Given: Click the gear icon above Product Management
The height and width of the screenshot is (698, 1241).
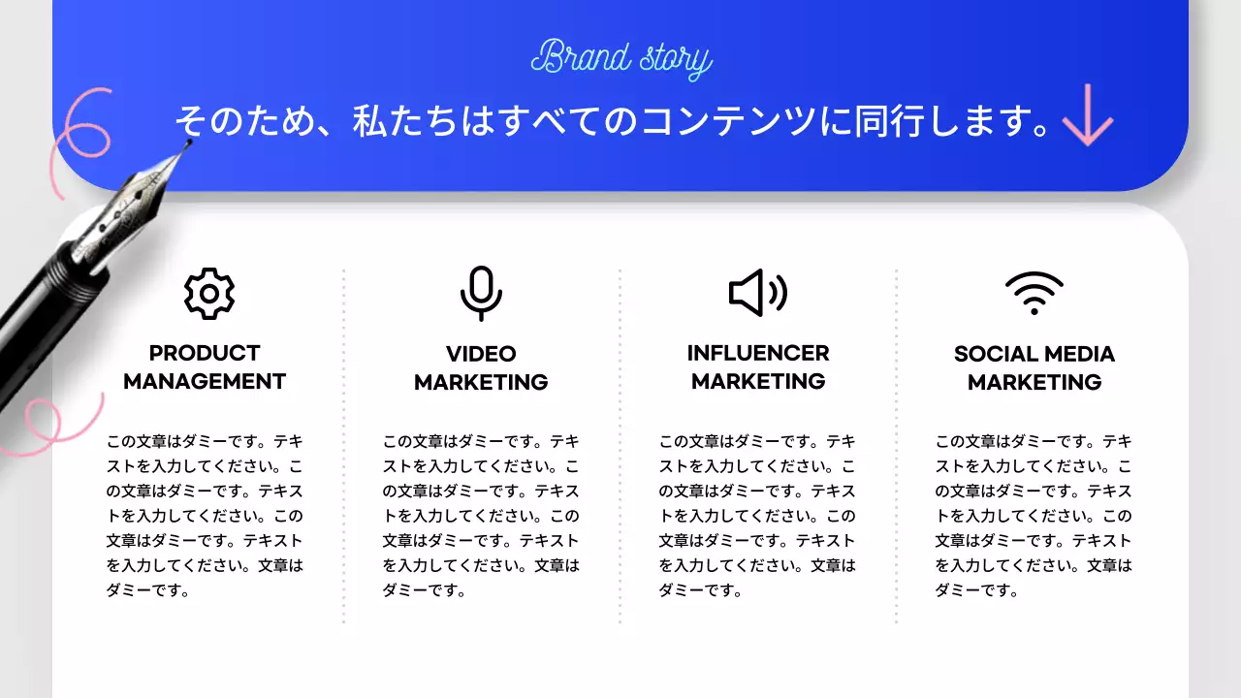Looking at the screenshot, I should click(209, 293).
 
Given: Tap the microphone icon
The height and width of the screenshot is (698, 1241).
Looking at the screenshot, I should click(481, 293).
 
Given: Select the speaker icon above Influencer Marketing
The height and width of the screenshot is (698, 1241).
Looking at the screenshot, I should click(757, 293).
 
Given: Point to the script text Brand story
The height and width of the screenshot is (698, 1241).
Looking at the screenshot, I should click(621, 59).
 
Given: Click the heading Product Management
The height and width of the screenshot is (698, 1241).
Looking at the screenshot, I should click(205, 367).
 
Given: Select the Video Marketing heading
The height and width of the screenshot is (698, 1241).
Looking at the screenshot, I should click(481, 368).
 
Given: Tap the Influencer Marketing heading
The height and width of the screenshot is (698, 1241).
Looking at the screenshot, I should click(758, 367).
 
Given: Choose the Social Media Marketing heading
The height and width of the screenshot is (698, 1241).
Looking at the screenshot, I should click(1034, 368).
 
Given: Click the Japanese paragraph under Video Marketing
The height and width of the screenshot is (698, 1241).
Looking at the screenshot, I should click(481, 515).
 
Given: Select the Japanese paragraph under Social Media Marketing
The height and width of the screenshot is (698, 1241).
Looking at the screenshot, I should click(1034, 515).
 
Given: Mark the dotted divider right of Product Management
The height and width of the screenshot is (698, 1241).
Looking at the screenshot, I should click(344, 446).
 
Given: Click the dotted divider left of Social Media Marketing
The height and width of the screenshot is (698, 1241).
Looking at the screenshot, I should click(897, 446).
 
